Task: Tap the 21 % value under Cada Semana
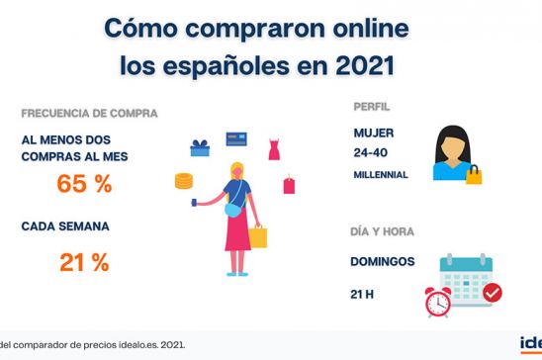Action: (83, 262)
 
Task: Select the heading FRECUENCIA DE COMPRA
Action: (89, 113)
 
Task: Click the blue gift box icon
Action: (200, 148)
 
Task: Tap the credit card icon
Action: (235, 138)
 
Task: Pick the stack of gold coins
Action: (183, 180)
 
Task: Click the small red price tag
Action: (290, 184)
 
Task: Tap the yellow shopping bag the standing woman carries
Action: (258, 236)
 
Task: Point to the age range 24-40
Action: (371, 153)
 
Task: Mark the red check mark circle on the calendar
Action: (491, 293)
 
